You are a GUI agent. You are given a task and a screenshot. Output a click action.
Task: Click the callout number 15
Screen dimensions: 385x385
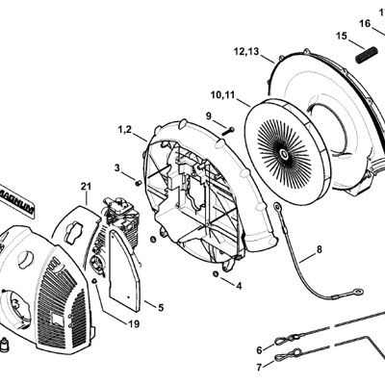(x=342, y=36)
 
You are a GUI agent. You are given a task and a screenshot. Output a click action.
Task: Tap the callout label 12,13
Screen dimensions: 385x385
(x=246, y=52)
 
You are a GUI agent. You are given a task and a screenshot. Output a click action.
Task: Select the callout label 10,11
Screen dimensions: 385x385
(x=223, y=95)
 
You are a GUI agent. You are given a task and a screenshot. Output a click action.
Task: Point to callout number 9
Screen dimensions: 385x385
(x=209, y=115)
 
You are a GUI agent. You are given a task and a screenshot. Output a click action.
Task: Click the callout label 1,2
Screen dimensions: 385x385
(x=125, y=130)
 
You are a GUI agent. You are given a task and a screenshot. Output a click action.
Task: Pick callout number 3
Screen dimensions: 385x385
(x=117, y=167)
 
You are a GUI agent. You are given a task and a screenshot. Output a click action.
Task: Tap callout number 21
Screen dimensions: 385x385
(x=86, y=187)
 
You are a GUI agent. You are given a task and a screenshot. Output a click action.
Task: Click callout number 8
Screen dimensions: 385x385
(x=319, y=249)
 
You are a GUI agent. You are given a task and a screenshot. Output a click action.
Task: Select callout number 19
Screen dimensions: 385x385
(x=134, y=324)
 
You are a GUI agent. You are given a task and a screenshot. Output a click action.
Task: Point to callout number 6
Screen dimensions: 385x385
(x=260, y=349)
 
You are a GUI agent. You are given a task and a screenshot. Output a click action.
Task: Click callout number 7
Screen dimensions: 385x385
(x=259, y=367)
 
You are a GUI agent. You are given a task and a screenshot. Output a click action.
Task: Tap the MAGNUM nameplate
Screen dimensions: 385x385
(x=16, y=199)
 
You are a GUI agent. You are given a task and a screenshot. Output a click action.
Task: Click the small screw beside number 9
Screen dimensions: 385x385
(x=228, y=131)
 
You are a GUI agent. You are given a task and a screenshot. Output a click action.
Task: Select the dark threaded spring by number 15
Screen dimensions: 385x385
(x=367, y=54)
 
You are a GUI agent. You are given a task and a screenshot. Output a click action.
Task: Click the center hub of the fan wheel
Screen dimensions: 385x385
(x=285, y=155)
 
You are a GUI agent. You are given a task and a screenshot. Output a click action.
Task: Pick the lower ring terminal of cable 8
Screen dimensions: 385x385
(x=357, y=292)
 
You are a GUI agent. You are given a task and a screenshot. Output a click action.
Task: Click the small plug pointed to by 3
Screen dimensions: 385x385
(x=139, y=183)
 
